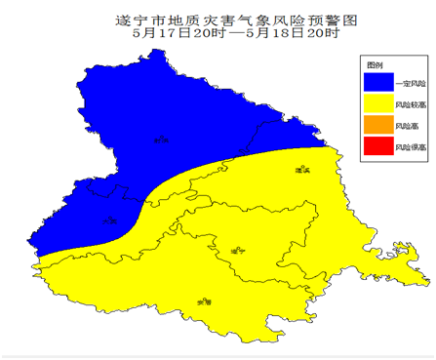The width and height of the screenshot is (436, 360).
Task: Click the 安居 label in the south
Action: point(204,302)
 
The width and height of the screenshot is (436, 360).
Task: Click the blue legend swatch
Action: point(376,81)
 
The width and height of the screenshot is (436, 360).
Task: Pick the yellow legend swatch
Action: point(376,103)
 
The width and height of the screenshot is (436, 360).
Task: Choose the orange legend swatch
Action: point(376,126)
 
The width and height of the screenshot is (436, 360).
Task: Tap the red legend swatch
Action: point(376,148)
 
